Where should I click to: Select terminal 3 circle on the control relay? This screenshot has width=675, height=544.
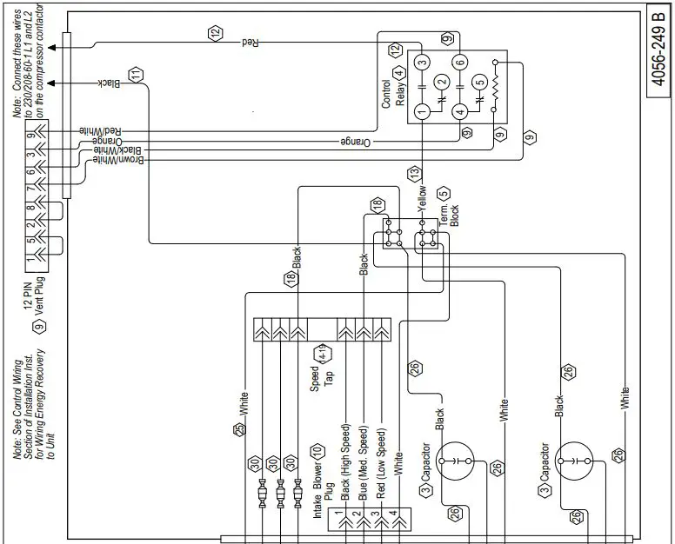point(421,61)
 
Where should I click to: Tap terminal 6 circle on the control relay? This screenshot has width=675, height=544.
point(459,61)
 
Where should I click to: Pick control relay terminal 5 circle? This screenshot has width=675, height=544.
point(478,84)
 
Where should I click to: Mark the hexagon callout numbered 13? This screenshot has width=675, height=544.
point(414,172)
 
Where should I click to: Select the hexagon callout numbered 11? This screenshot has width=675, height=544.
point(134,75)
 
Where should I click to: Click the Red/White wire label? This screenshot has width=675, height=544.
point(101,128)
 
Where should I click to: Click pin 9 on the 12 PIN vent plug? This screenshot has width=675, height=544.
point(31,134)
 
